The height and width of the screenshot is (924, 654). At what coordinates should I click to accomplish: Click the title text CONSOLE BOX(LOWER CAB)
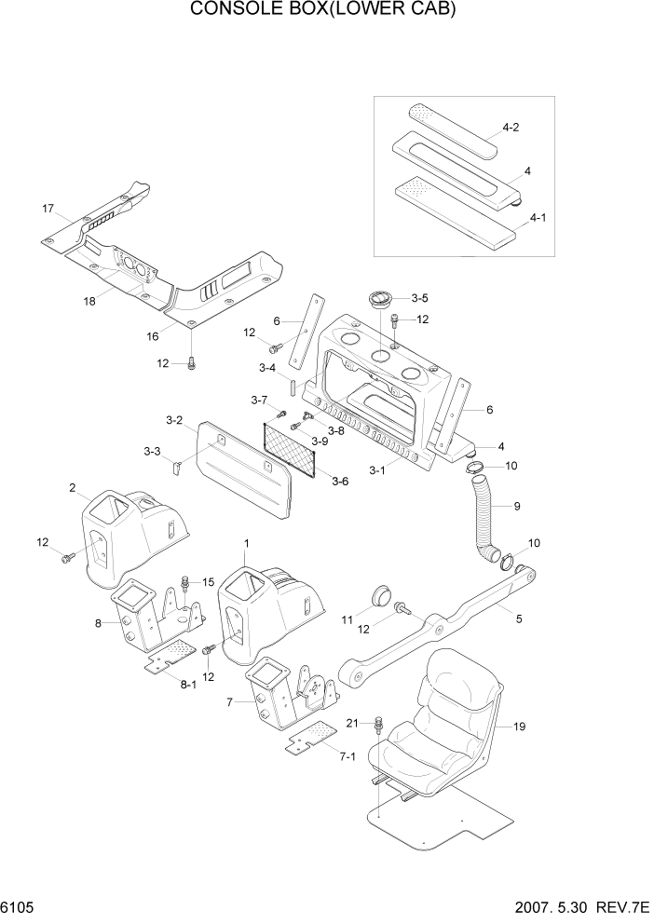pyautogui.click(x=326, y=10)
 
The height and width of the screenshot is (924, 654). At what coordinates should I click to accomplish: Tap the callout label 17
pyautogui.click(x=48, y=208)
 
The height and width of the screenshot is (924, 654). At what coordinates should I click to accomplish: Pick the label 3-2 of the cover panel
pyautogui.click(x=173, y=420)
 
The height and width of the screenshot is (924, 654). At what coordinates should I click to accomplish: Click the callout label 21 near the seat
pyautogui.click(x=352, y=723)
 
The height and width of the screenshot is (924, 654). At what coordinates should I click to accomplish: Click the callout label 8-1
pyautogui.click(x=188, y=684)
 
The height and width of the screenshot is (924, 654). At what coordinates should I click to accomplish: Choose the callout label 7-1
pyautogui.click(x=348, y=755)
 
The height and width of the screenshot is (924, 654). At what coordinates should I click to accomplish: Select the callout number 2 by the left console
pyautogui.click(x=72, y=487)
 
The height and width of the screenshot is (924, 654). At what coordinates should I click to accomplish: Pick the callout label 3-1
pyautogui.click(x=376, y=470)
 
